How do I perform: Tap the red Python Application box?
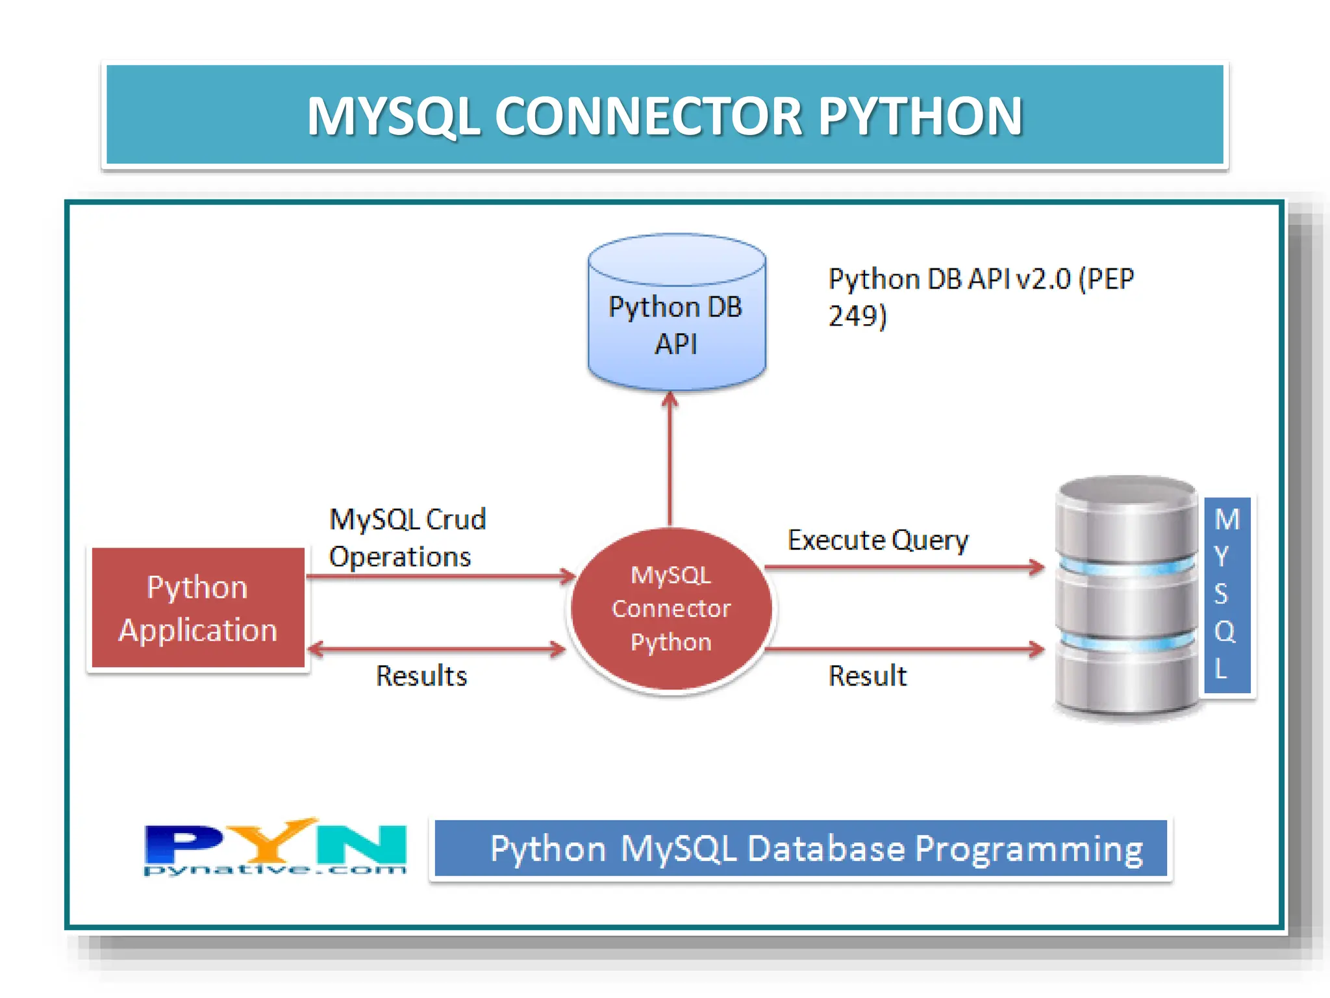(198, 608)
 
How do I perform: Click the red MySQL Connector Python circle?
(671, 609)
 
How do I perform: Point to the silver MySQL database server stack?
(1127, 598)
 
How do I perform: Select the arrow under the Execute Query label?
(903, 567)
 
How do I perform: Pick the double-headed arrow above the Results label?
(436, 648)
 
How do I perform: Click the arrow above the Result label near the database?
(903, 648)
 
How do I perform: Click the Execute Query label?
(877, 540)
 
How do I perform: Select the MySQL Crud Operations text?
(407, 537)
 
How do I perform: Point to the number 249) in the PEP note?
(857, 316)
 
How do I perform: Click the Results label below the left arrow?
(421, 676)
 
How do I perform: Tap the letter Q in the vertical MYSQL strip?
(1225, 631)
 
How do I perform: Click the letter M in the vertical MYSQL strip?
(1227, 518)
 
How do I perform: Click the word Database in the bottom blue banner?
(825, 849)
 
